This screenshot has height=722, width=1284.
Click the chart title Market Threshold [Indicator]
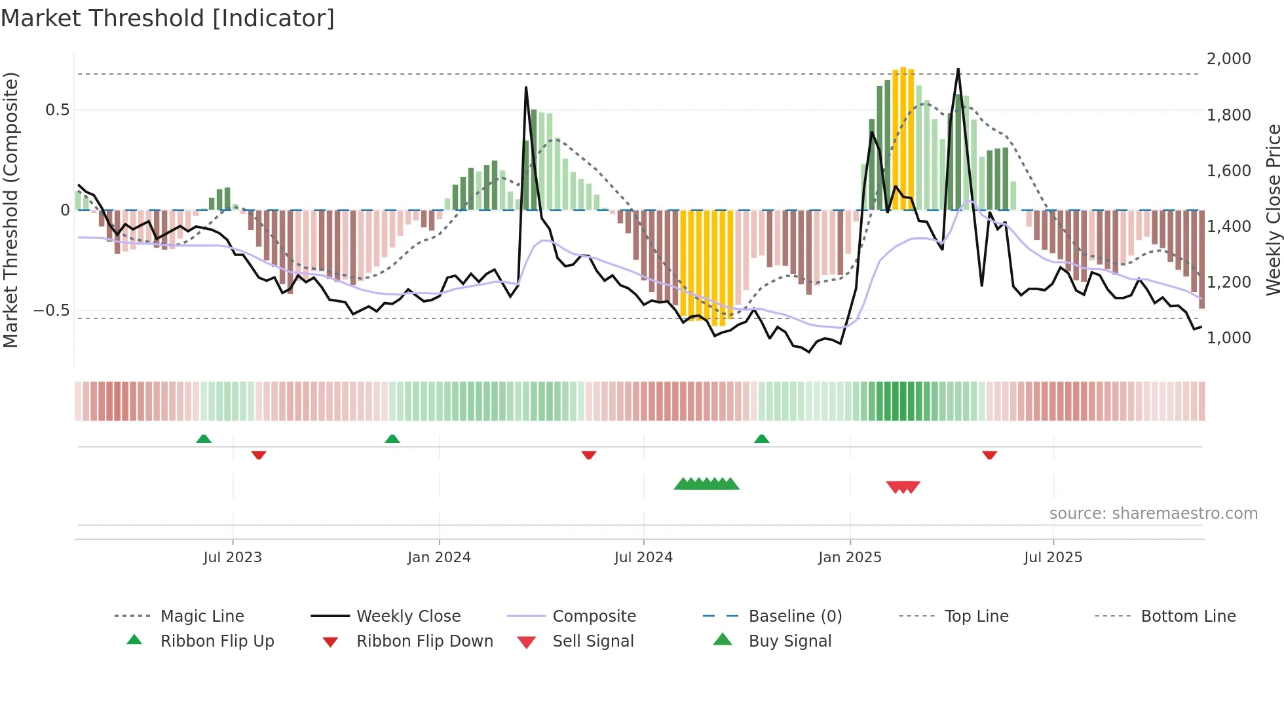[168, 18]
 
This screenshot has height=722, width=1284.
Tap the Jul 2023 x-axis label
[232, 558]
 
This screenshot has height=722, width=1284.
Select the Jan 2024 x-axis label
[439, 558]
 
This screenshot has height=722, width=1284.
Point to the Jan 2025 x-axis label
[850, 558]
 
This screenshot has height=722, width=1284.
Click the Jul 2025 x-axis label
[1053, 558]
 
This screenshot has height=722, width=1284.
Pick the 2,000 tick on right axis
[1228, 59]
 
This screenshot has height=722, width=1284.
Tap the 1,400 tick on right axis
[1228, 227]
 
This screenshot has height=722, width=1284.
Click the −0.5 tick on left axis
[52, 311]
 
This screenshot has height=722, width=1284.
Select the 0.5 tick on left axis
[57, 110]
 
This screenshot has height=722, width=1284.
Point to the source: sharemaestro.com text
[1153, 514]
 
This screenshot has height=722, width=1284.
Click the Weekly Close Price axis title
[1273, 210]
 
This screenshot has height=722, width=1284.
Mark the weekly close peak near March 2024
[526, 87]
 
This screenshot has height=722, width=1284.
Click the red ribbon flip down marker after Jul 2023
[259, 455]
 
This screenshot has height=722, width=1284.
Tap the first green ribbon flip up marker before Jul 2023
[204, 439]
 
